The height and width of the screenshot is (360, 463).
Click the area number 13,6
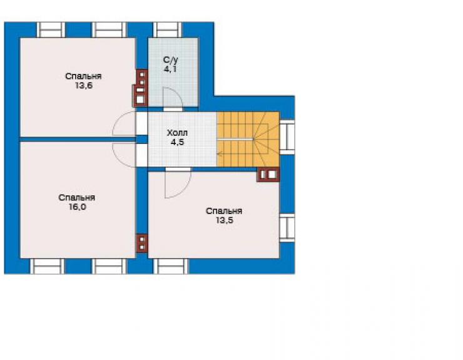click(84, 86)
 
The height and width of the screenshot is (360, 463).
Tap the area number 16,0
click(78, 207)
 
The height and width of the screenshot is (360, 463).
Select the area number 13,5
click(224, 220)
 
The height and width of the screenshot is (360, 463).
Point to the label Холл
click(177, 133)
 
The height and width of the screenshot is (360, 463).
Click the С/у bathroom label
click(171, 60)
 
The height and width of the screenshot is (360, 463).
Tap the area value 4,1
click(171, 69)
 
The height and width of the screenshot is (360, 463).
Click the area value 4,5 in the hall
click(177, 142)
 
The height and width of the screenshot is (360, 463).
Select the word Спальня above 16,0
click(77, 197)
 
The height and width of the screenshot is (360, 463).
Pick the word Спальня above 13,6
click(83, 76)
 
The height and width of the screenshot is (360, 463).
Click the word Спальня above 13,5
click(224, 211)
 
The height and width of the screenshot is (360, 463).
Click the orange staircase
click(248, 139)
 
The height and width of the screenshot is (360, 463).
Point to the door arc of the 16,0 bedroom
click(118, 160)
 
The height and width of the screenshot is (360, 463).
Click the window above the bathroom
click(168, 30)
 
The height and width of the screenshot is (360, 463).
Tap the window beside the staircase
click(287, 137)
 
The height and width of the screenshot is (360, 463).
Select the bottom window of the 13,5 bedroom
click(171, 266)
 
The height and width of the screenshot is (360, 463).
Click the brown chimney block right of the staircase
click(268, 175)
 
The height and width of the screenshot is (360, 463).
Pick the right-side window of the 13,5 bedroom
click(287, 227)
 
